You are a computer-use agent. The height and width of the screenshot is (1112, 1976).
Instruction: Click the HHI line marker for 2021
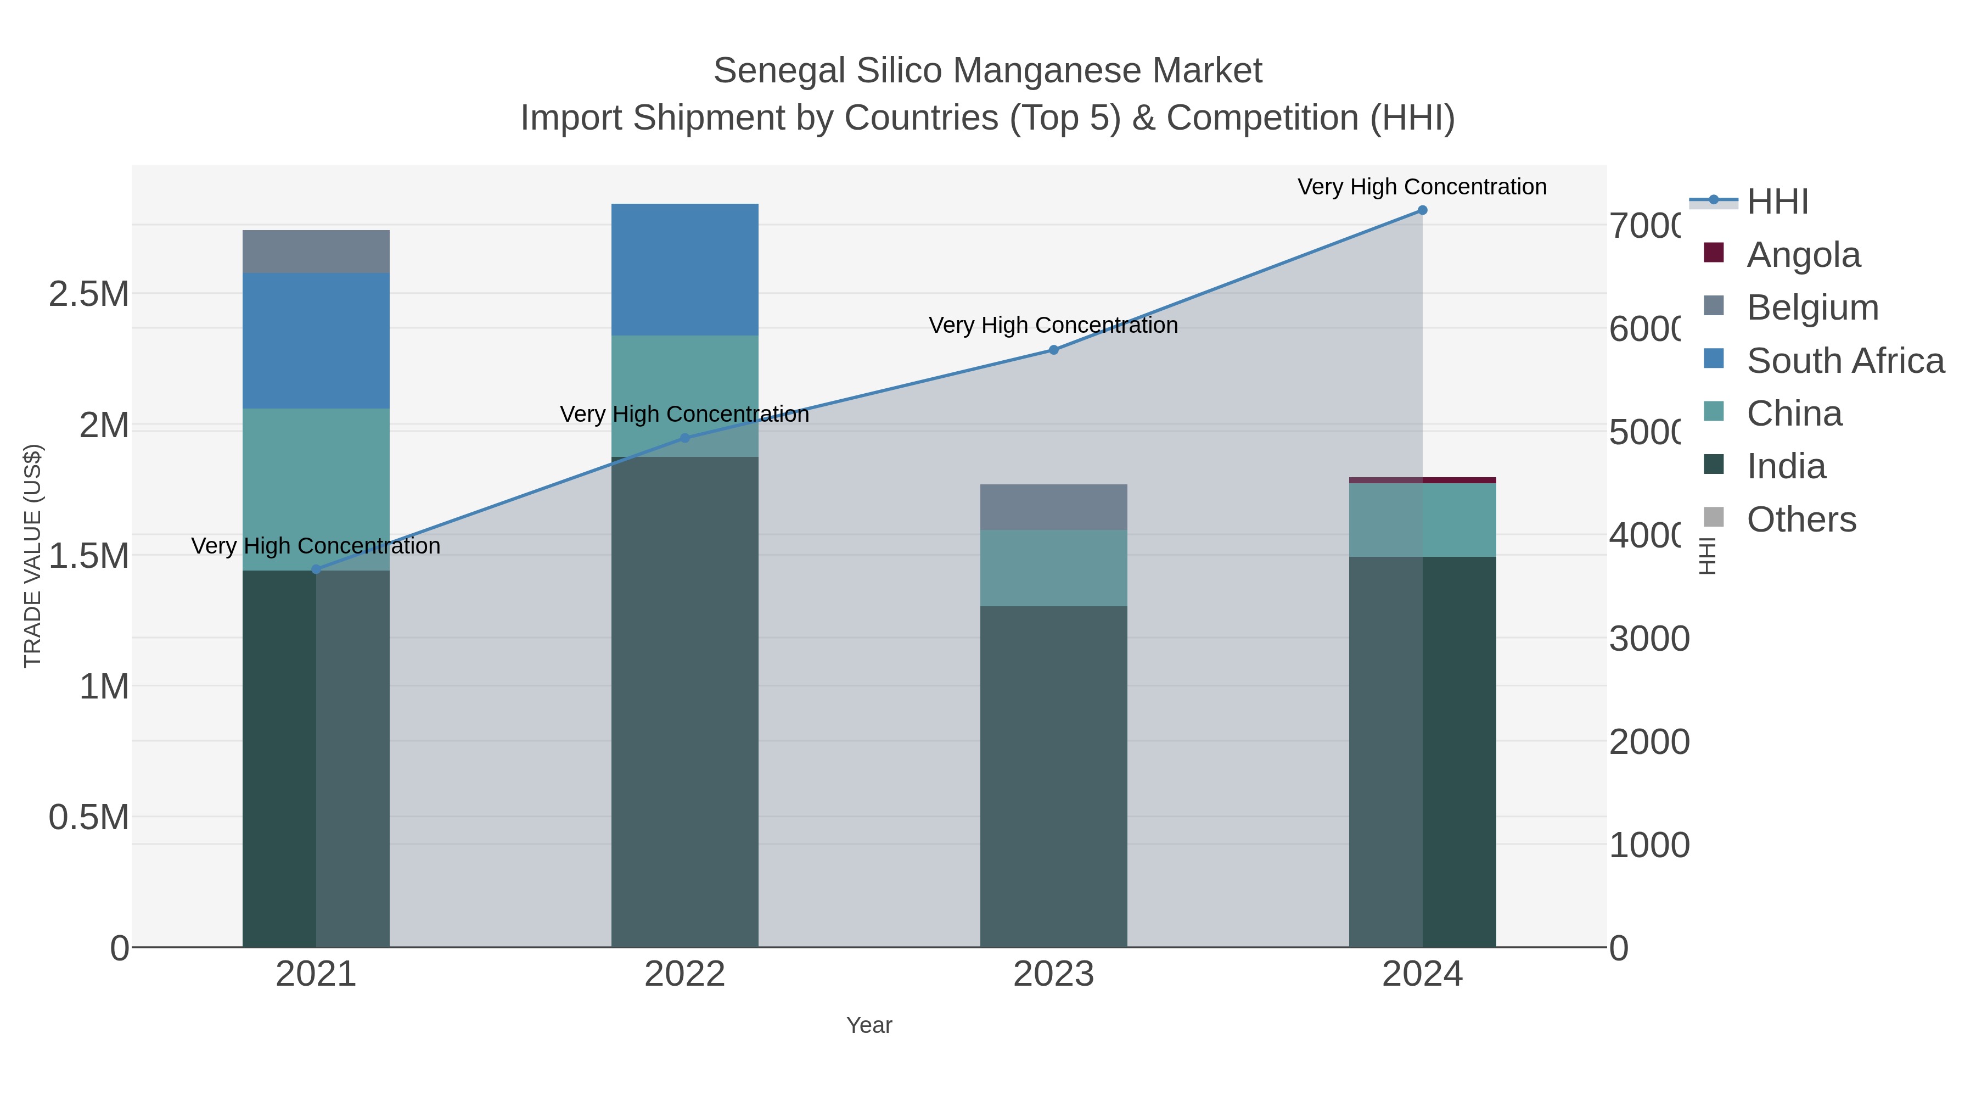coord(316,569)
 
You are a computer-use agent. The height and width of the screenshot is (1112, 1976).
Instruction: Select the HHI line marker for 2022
coord(685,438)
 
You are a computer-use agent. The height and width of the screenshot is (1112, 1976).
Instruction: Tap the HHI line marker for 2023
coord(1053,350)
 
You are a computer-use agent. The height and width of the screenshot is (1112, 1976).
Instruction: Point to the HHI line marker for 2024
coord(1422,210)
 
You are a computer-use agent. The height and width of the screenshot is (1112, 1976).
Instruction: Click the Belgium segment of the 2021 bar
coord(316,252)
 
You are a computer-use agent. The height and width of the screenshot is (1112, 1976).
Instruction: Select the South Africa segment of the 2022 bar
coord(685,270)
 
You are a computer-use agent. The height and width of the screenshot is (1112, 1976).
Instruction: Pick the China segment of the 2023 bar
coord(1053,568)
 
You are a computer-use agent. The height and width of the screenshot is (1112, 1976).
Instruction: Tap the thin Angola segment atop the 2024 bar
coord(1422,480)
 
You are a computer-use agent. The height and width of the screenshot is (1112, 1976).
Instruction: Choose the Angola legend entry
coord(1803,255)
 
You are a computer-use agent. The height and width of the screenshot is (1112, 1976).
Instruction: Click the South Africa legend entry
coord(1845,361)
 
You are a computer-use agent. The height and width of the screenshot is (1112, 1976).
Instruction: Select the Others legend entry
coord(1801,519)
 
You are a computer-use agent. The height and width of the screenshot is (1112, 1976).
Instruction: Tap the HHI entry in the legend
coord(1777,202)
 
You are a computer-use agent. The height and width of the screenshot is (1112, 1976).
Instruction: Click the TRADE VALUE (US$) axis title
coord(32,556)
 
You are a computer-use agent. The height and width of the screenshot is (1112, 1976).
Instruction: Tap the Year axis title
coord(868,1025)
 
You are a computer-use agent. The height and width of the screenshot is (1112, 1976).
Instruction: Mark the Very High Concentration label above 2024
coord(1422,187)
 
